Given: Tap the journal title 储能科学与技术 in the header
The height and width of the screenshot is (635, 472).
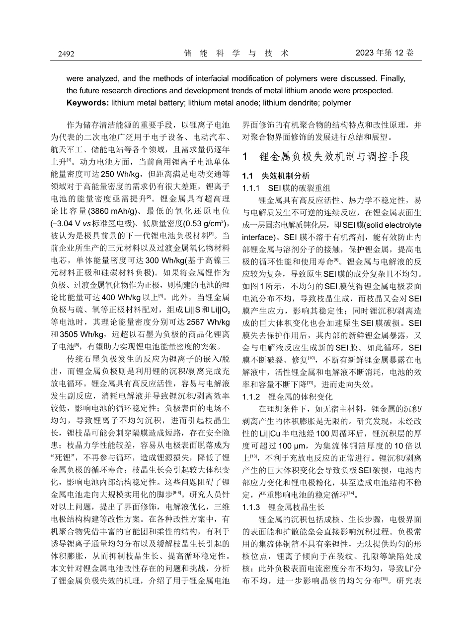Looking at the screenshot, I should pyautogui.click(x=236, y=53).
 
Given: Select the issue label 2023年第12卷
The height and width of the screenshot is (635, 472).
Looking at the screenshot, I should pyautogui.click(x=385, y=53).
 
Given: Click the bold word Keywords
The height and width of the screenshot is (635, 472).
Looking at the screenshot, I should pyautogui.click(x=86, y=103).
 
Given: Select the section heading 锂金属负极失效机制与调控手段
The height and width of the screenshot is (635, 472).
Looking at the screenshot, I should pyautogui.click(x=334, y=157).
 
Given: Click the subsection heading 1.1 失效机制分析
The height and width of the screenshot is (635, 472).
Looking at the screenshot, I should pyautogui.click(x=275, y=176).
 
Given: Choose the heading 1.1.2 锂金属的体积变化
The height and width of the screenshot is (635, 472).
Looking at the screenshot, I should pyautogui.click(x=287, y=396).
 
